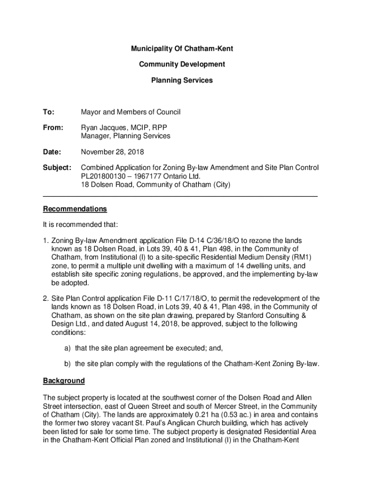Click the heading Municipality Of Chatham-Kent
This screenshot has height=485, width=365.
tap(182, 49)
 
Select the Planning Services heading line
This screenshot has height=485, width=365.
tap(182, 81)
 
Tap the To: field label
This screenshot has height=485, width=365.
tap(49, 112)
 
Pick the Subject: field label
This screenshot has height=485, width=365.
tap(57, 168)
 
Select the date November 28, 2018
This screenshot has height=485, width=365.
tap(112, 152)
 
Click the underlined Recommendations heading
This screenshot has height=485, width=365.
tap(75, 209)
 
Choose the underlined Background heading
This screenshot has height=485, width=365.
tap(64, 381)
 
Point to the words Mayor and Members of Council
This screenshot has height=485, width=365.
tap(131, 112)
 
